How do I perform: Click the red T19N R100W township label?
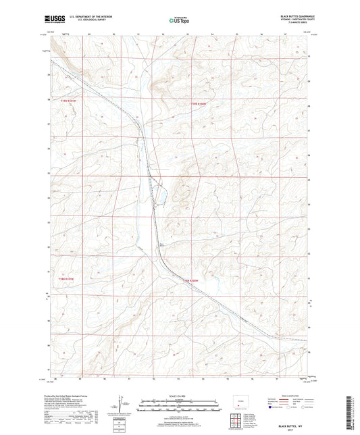tap(196, 103)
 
